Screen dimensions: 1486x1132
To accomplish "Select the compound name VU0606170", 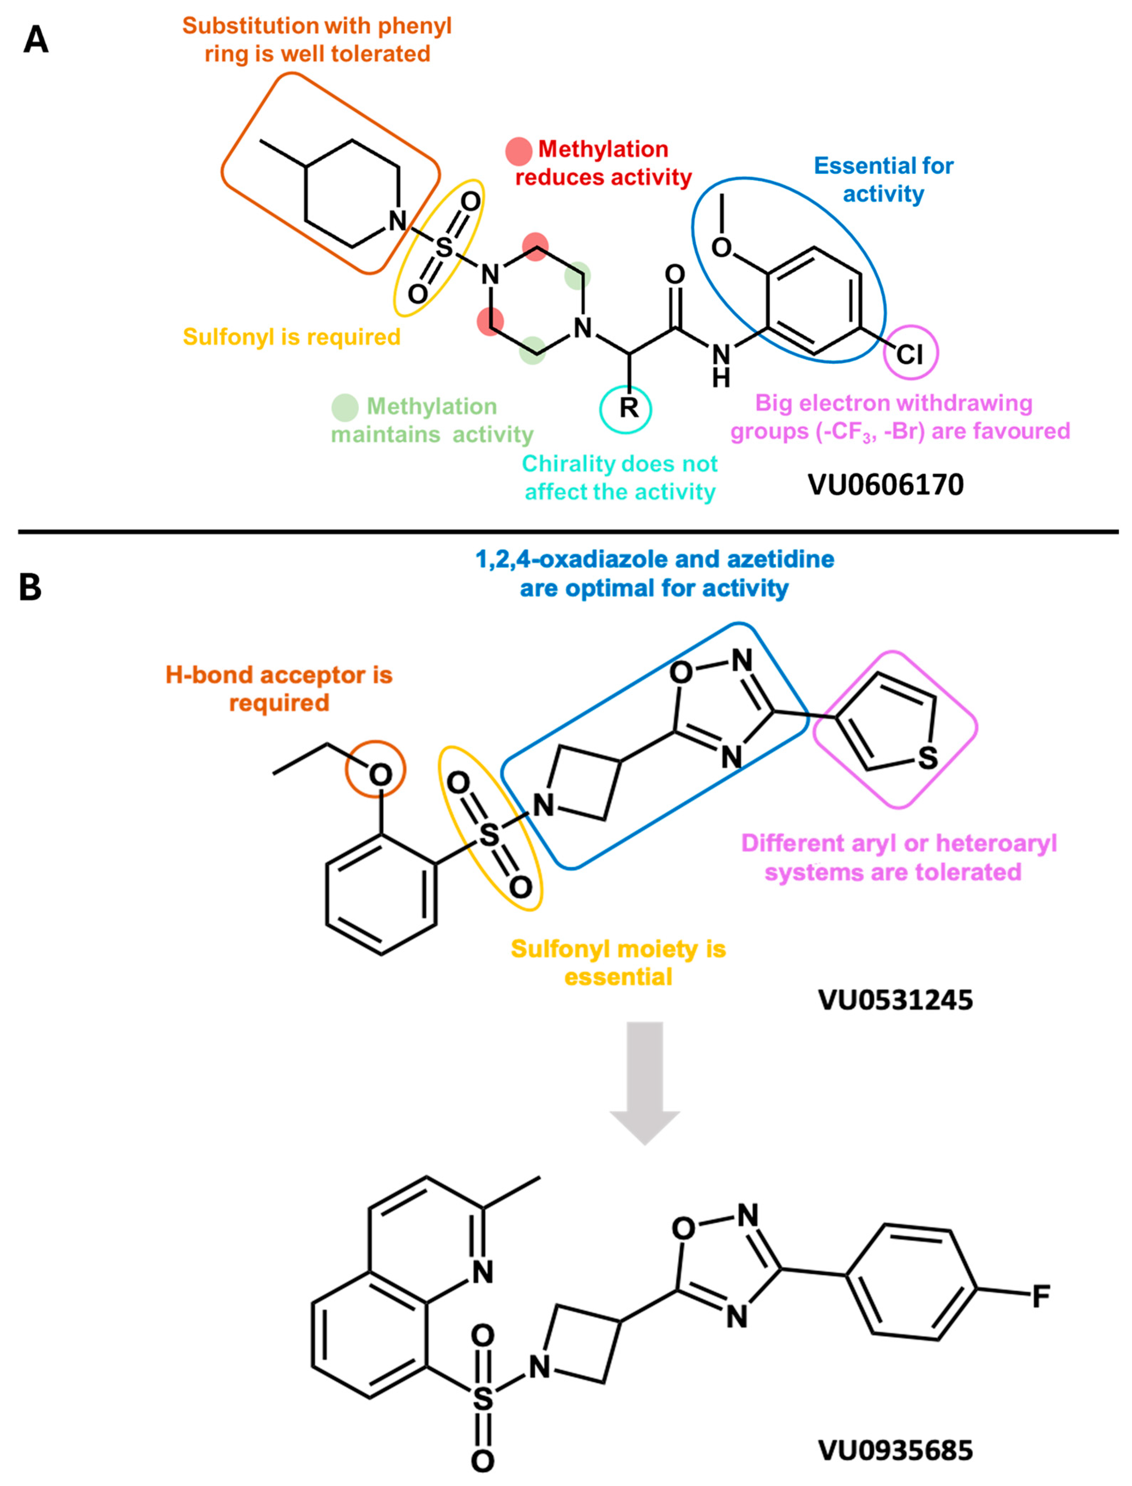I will [x=886, y=485].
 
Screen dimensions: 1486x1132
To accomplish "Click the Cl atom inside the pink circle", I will [x=910, y=353].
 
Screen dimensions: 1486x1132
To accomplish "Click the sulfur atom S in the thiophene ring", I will [x=928, y=758].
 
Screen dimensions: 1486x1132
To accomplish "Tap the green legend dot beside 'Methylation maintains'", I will [x=345, y=407].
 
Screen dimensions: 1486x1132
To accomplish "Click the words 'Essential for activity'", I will [x=883, y=180].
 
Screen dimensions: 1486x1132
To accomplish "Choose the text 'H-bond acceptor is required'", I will [x=279, y=688].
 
